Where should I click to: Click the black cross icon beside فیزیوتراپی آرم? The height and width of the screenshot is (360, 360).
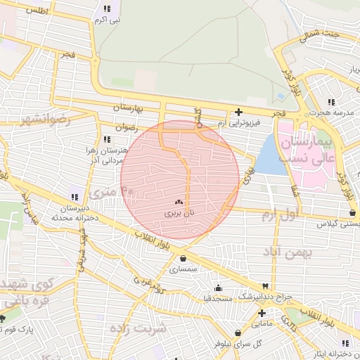(239, 112)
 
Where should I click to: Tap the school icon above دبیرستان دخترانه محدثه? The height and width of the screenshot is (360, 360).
(75, 195)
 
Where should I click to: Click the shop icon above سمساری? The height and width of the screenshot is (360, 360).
(183, 257)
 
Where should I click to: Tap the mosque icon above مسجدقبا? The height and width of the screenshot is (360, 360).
(218, 287)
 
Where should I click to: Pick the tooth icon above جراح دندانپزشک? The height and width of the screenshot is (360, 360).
(264, 285)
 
